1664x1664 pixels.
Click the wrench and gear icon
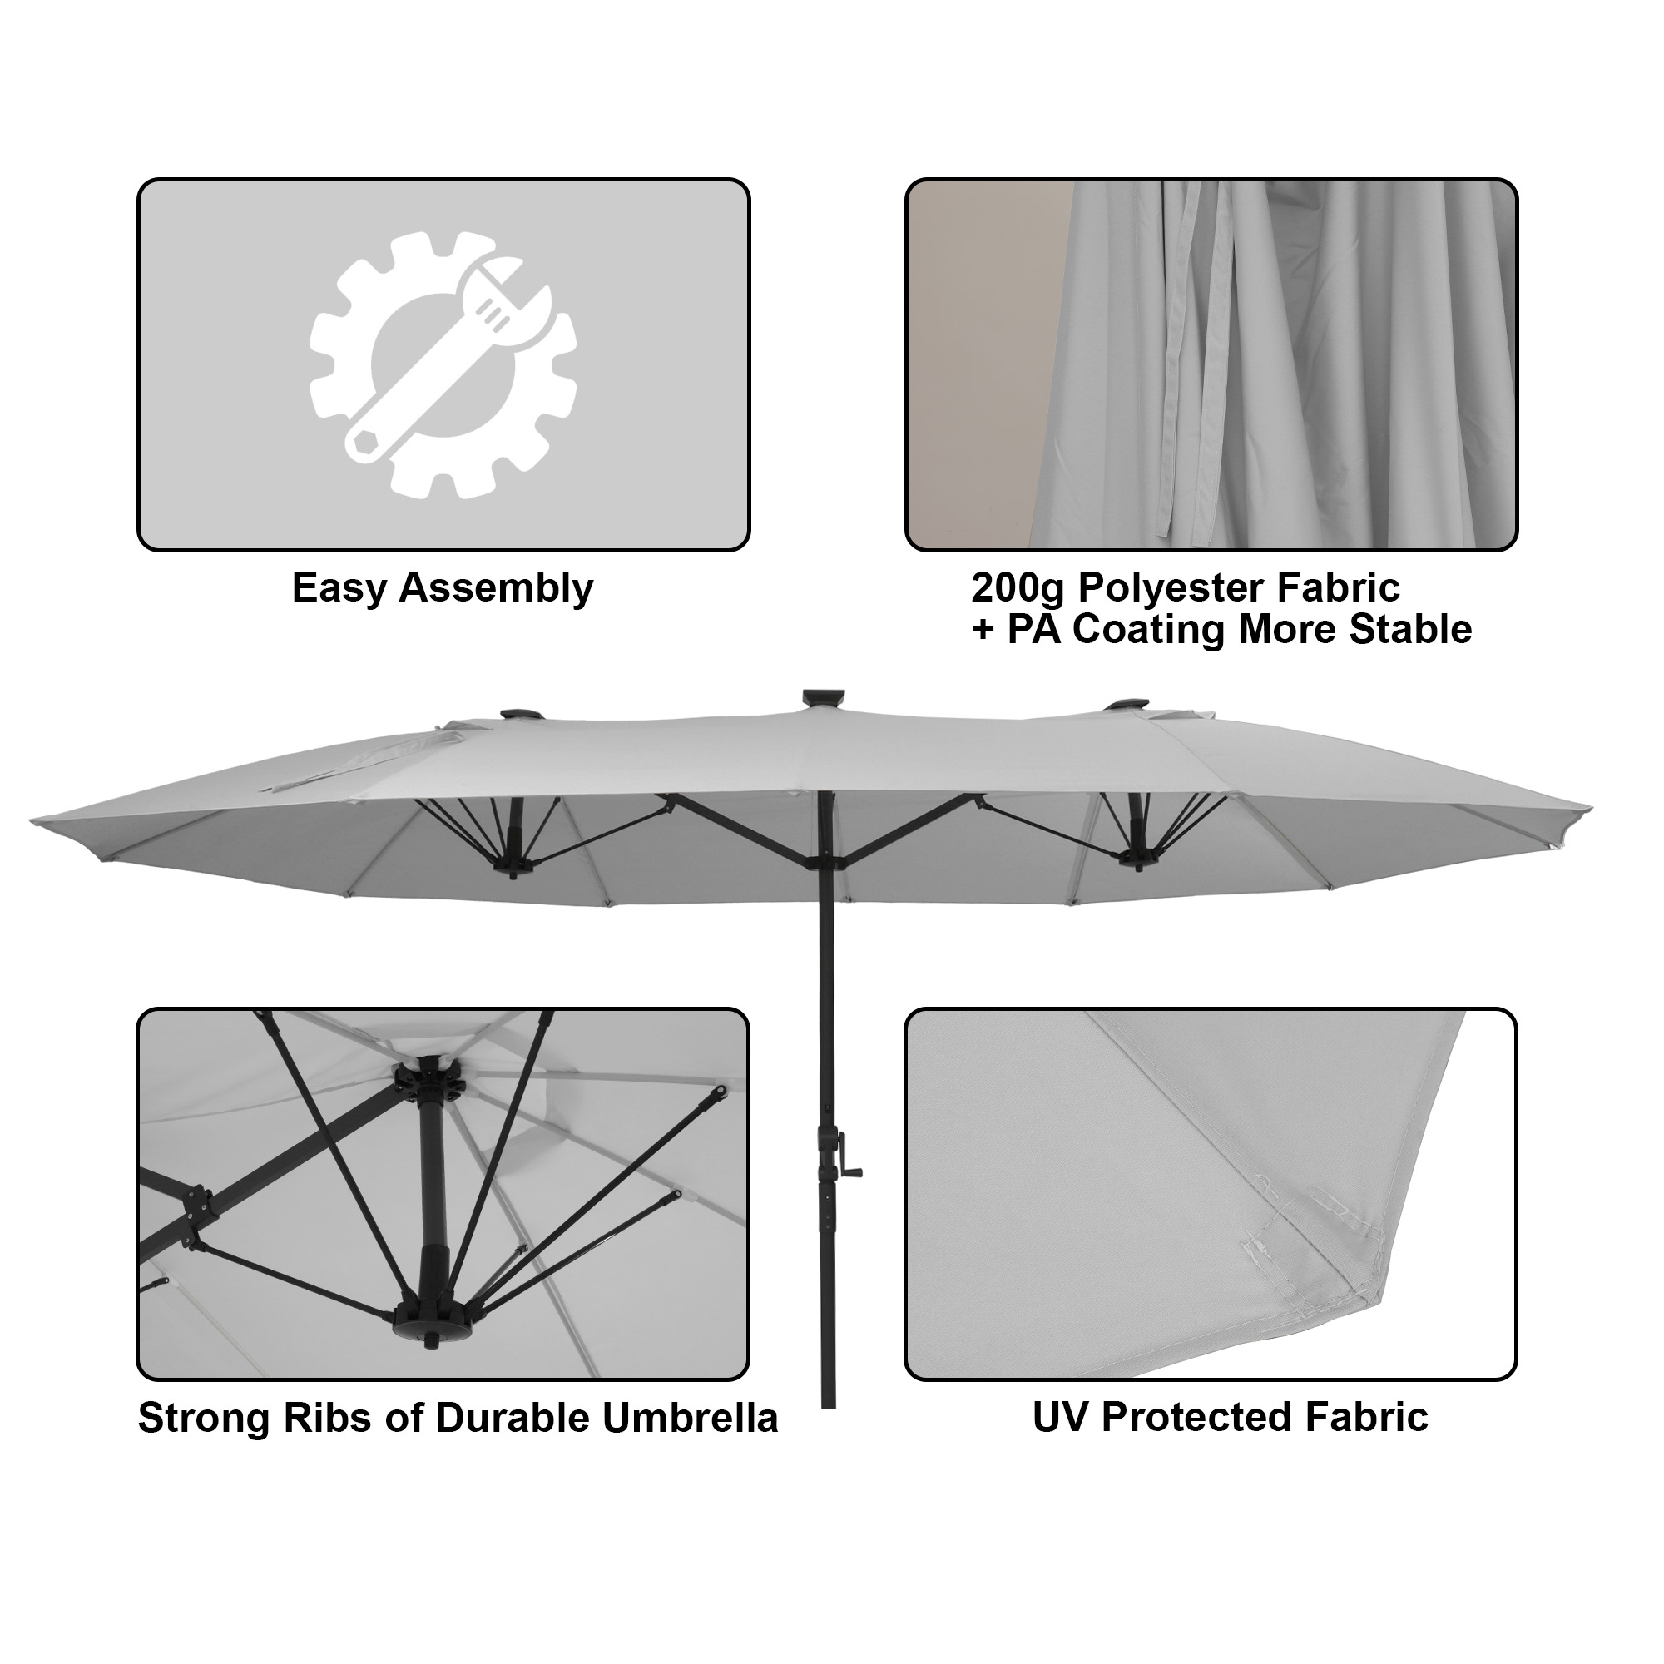click(x=443, y=365)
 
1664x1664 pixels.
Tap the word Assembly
click(x=496, y=589)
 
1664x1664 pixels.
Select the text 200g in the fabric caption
click(x=1018, y=589)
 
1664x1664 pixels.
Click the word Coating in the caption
click(x=1149, y=630)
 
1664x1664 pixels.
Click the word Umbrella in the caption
click(x=690, y=1419)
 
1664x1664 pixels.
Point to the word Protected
click(x=1197, y=1418)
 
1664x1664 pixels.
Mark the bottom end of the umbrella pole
click(x=829, y=1402)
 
